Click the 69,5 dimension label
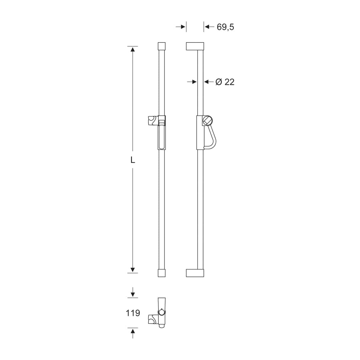[x=225, y=27]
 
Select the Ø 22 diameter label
[x=225, y=82]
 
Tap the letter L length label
[x=133, y=160]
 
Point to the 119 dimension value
[x=133, y=313]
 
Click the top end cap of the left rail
[x=162, y=46]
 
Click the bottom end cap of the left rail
[x=162, y=273]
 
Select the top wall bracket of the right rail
[x=195, y=46]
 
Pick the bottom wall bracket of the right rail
[x=195, y=273]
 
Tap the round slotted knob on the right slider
[x=208, y=121]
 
